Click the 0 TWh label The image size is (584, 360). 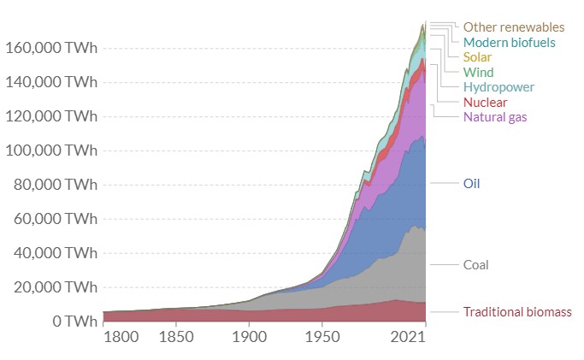point(72,322)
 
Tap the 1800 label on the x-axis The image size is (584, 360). point(121,338)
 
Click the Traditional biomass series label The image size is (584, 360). point(516,311)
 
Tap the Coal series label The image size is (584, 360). point(475,265)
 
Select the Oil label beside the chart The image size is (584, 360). point(471,184)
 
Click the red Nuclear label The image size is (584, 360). point(485,103)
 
